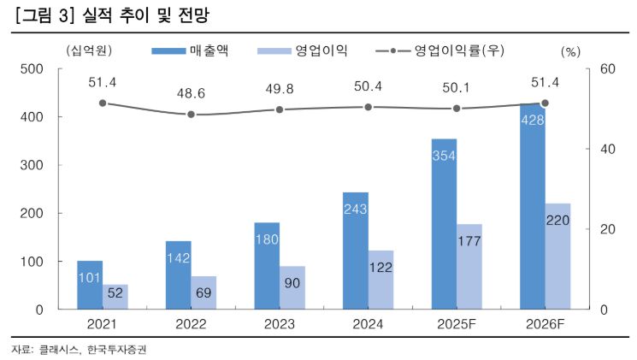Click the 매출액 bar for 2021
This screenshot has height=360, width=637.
click(x=90, y=285)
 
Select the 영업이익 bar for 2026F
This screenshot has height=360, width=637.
click(x=557, y=257)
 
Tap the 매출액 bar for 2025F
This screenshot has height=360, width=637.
click(x=444, y=224)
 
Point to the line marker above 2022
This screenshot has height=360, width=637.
click(x=191, y=115)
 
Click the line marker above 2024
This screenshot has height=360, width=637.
click(x=368, y=107)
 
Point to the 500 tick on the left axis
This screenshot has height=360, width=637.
click(x=34, y=69)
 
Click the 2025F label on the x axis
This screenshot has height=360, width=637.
click(x=456, y=325)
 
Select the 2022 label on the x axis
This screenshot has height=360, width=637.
click(x=191, y=325)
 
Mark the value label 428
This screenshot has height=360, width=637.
click(x=531, y=117)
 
